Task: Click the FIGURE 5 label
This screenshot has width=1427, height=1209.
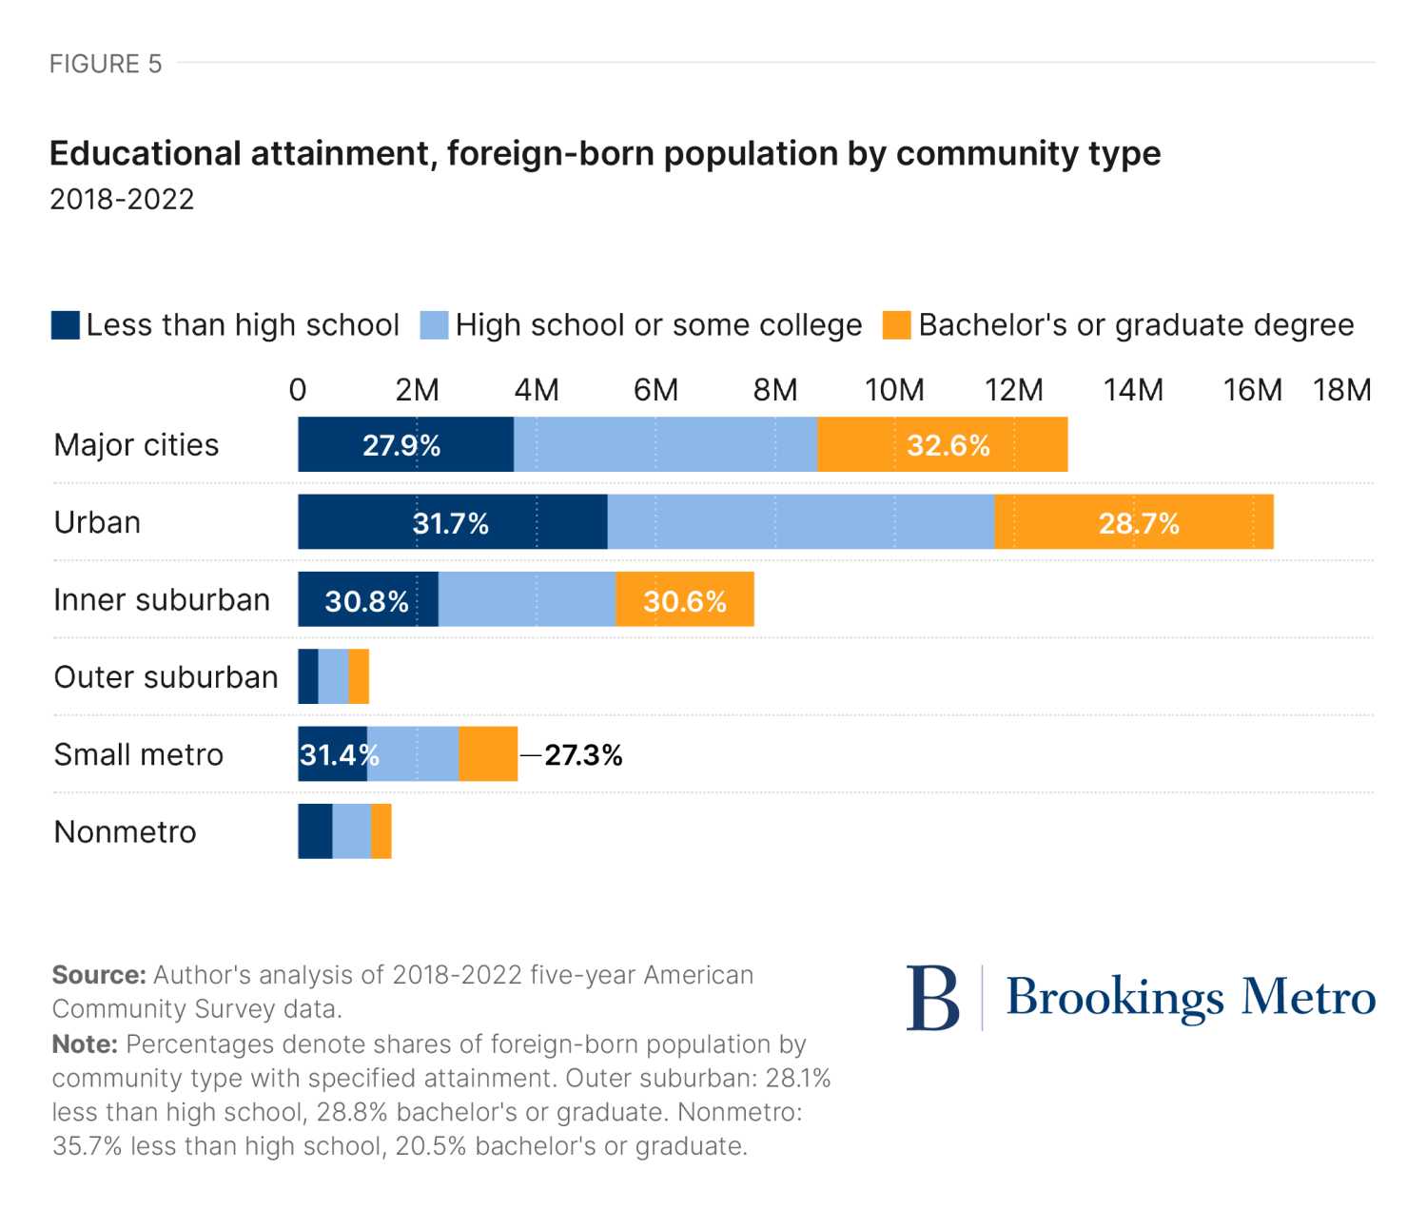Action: (x=106, y=64)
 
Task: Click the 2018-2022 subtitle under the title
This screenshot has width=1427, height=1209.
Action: (x=122, y=199)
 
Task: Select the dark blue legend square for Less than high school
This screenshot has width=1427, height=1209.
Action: (x=66, y=325)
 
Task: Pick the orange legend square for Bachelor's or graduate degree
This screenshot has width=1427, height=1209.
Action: (x=896, y=325)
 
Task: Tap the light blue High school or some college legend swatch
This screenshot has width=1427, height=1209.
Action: (x=435, y=325)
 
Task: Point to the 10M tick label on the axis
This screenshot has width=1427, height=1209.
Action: (x=894, y=390)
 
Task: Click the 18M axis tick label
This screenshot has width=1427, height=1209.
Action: (x=1341, y=390)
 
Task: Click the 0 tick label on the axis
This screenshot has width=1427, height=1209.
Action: (x=298, y=390)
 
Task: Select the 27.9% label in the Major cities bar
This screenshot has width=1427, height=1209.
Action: (x=401, y=445)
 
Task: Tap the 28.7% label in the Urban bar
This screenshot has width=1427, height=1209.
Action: (x=1139, y=523)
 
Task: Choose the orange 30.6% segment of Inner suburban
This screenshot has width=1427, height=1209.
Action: (x=685, y=600)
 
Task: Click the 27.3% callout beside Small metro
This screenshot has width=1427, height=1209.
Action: (x=583, y=755)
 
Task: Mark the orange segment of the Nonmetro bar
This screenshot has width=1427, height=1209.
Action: (x=381, y=831)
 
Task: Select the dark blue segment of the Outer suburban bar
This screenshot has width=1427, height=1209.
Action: (x=308, y=677)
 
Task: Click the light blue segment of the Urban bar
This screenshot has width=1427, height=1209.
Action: (x=801, y=522)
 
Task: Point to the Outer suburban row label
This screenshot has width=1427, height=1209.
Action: (x=166, y=677)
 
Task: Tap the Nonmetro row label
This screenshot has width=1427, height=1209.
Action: (x=125, y=832)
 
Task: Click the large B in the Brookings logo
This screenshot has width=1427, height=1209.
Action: (x=932, y=998)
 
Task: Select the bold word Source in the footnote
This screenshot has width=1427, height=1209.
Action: (x=99, y=975)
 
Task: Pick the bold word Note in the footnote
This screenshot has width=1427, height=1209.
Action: (x=85, y=1044)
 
